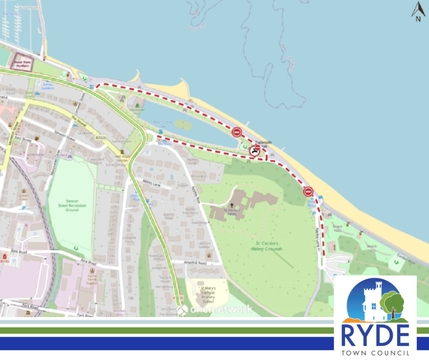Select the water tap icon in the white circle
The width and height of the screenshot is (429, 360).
(255, 151)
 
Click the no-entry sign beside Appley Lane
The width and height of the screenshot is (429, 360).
(309, 191)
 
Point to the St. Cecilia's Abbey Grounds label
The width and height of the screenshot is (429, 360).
(267, 246)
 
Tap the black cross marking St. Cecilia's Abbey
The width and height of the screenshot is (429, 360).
(232, 206)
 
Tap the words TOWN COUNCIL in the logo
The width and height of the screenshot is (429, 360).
(375, 353)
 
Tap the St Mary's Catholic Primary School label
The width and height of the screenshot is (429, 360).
(208, 292)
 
